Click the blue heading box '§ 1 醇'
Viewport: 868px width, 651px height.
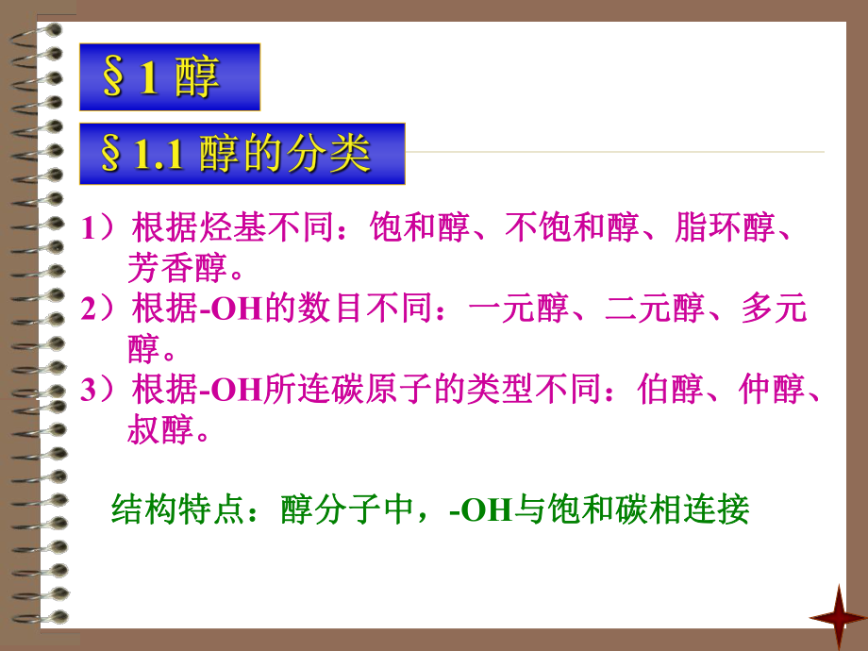[x=168, y=77]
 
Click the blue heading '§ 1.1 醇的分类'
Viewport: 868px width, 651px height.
[x=242, y=154]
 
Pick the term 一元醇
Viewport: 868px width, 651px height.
[x=518, y=310]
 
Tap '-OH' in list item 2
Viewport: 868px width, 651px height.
[x=232, y=311]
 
